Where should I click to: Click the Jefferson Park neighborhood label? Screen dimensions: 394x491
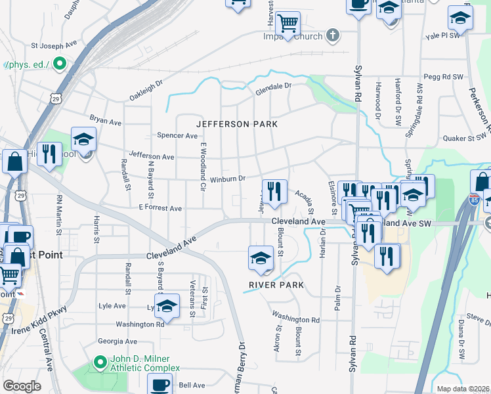pos(238,124)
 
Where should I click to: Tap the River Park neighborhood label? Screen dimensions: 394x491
pos(276,285)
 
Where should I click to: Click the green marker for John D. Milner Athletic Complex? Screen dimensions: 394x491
pos(100,362)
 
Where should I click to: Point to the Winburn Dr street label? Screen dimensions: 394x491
pos(227,179)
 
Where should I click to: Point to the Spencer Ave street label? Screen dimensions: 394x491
pos(177,136)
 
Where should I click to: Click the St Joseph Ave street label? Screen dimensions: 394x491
pos(54,47)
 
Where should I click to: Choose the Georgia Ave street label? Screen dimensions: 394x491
pos(117,341)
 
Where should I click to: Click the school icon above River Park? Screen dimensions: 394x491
pos(261,257)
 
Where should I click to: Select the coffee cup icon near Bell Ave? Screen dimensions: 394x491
pos(160,384)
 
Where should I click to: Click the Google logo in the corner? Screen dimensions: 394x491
pos(22,386)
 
